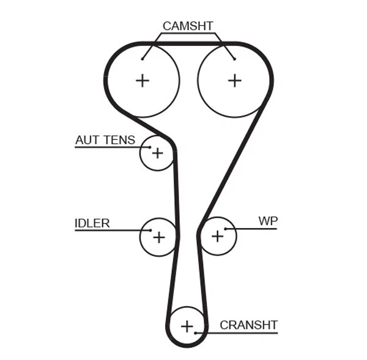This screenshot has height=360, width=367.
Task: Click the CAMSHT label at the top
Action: coord(187,26)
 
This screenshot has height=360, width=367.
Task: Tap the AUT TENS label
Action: coord(105,140)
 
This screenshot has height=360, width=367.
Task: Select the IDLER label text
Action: coord(92,223)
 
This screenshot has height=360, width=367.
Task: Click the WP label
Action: coord(268,221)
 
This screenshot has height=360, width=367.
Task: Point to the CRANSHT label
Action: coord(248,325)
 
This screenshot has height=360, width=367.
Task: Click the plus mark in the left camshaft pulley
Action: coord(143,80)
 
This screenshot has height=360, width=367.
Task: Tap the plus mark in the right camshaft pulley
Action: coord(235,80)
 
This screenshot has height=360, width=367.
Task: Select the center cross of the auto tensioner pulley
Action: coord(158,153)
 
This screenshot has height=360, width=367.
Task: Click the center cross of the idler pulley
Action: coord(159,237)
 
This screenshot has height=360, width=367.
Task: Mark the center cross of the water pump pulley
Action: coord(217,236)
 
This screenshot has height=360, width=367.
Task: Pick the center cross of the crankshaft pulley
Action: coord(187,326)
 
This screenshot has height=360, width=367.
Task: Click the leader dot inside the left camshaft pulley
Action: coord(143,59)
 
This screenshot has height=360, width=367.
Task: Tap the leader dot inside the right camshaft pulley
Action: coord(234,59)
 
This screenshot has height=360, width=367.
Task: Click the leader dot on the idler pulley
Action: coord(150,230)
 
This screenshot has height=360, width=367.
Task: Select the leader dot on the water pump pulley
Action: coord(226,229)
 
